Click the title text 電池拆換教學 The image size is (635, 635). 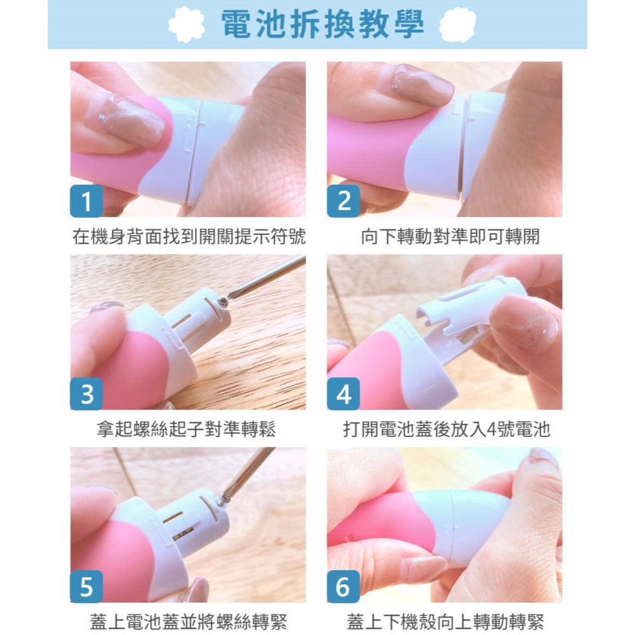point(322,25)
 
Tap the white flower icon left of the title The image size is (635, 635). point(186,25)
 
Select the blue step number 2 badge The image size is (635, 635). point(344,202)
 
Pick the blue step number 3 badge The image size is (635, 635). point(86,394)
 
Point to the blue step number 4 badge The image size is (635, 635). point(344,394)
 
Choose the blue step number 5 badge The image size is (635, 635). point(86,587)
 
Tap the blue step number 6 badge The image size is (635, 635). point(344,587)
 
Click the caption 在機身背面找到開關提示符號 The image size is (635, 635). point(189,237)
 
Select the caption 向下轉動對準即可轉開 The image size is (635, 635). point(450,237)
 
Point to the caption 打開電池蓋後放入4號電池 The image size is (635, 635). point(446,430)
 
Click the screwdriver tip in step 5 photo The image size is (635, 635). point(222,500)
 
